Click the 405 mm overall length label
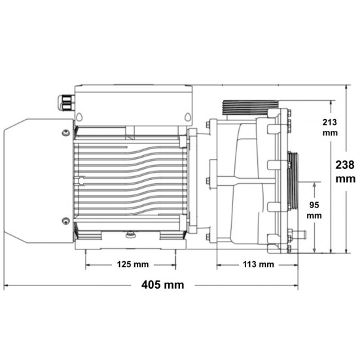[162, 285]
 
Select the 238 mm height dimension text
[346, 171]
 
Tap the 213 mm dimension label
[330, 128]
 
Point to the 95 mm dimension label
[314, 210]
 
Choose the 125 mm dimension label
[133, 264]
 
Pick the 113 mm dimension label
[259, 264]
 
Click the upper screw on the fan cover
[66, 133]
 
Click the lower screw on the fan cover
[65, 221]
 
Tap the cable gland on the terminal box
[66, 103]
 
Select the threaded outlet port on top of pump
[250, 107]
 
